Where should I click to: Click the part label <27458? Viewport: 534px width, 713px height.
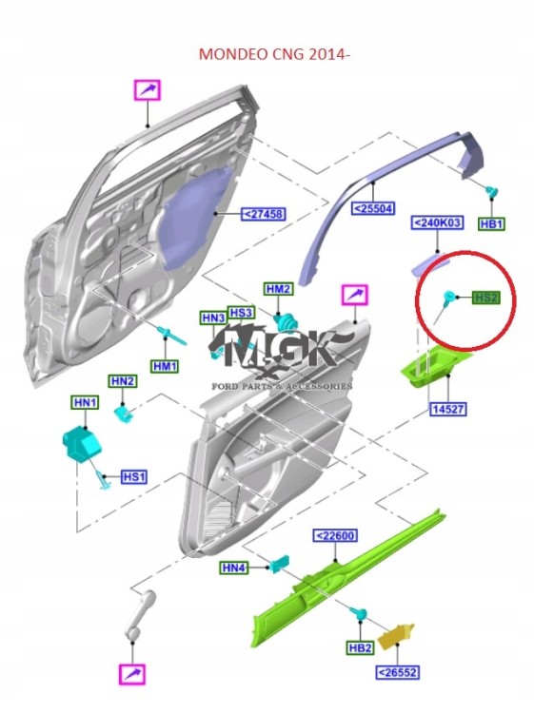point(265,214)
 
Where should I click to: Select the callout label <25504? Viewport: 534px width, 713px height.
point(375,208)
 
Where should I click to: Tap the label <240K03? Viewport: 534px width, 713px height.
point(436,223)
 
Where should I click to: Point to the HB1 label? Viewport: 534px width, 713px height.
point(491,223)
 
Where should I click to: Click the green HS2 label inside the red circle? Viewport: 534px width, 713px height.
point(485,298)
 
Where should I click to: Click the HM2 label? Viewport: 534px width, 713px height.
point(279,289)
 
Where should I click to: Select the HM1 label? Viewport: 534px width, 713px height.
point(166,366)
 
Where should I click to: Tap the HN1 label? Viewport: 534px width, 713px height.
point(85,404)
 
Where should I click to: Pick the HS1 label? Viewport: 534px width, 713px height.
point(134,476)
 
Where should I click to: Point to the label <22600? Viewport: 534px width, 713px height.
point(335,536)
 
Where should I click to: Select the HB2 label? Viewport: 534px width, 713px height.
point(359,648)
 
